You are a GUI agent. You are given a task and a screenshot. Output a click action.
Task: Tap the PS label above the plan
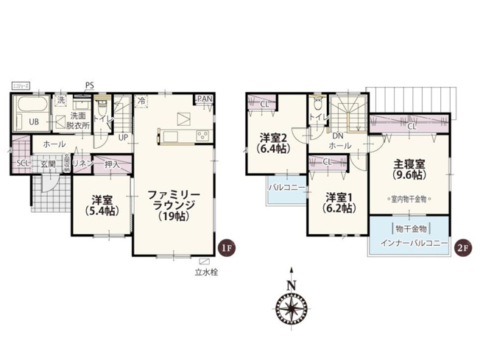pos(90,85)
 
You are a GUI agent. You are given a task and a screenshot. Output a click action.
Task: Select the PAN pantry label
pos(205,99)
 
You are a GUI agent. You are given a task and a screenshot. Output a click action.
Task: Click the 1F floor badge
pos(227,247)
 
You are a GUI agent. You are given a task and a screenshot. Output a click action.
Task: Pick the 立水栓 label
pos(205,272)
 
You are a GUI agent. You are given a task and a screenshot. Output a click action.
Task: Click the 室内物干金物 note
pos(409,199)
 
